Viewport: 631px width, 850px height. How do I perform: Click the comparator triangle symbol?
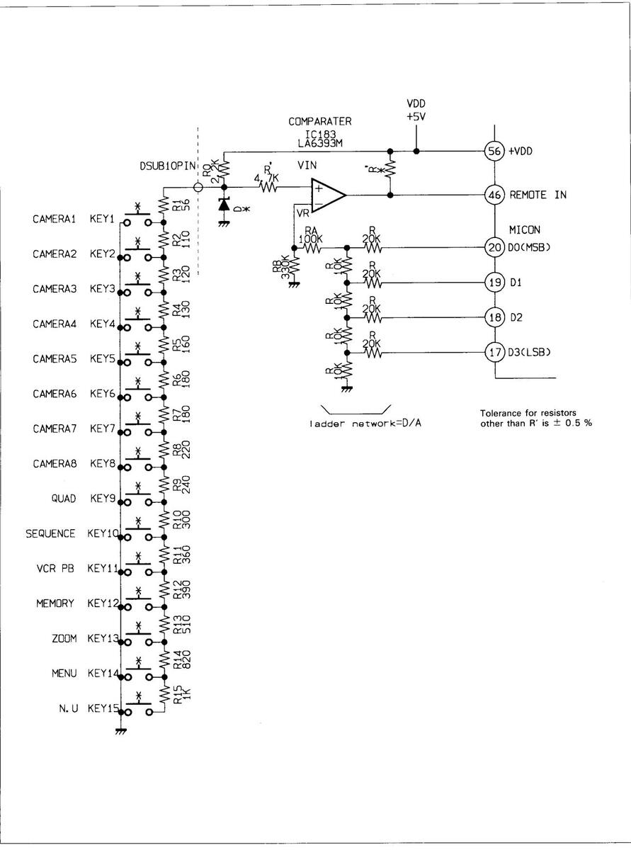point(328,194)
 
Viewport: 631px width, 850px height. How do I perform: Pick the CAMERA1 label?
point(54,219)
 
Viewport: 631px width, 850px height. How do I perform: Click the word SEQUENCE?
point(51,534)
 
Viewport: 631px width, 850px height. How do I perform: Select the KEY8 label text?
point(102,464)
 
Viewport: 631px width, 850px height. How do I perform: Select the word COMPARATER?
point(319,122)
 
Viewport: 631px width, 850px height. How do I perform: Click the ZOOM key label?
point(64,639)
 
